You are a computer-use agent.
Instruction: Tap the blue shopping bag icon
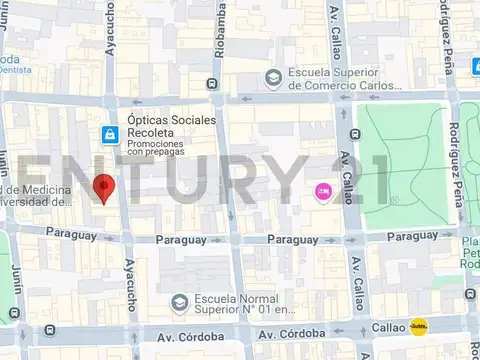[x=107, y=133]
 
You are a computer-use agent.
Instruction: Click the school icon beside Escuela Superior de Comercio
[x=273, y=78]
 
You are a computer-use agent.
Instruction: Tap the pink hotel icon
[x=323, y=191]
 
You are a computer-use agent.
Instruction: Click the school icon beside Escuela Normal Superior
[x=178, y=301]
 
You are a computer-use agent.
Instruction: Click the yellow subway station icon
[x=420, y=327]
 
